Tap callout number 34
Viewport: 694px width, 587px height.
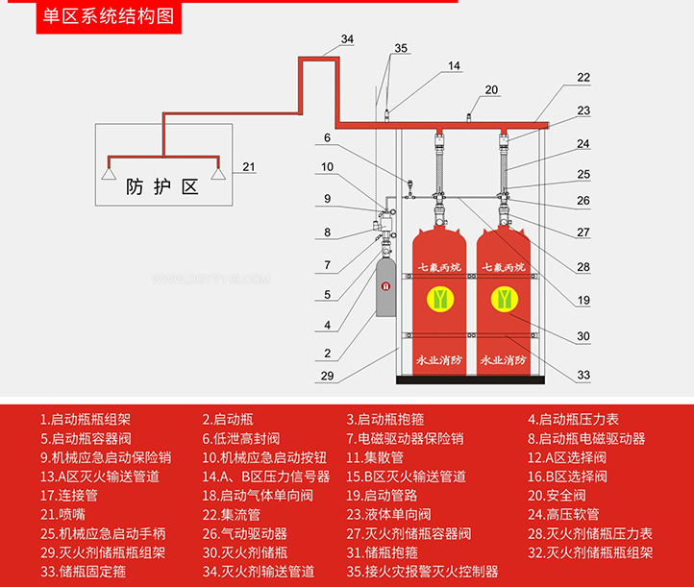(347, 39)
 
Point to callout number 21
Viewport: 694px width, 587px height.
(249, 167)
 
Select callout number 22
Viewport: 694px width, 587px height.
(583, 77)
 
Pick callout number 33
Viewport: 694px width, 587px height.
(583, 375)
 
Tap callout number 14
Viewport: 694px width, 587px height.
(454, 65)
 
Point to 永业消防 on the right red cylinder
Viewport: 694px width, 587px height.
(504, 361)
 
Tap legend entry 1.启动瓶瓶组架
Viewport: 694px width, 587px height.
(86, 419)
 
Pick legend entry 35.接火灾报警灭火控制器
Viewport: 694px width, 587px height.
(422, 571)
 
